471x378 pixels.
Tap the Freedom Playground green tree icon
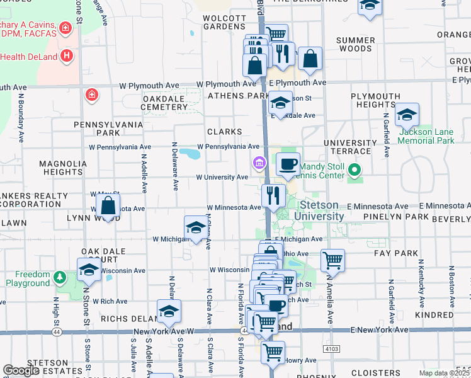coord(59,277)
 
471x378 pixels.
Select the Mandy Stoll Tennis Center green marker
coord(355,169)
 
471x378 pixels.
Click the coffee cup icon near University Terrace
coord(288,164)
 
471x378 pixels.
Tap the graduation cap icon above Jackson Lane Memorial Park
coord(407,115)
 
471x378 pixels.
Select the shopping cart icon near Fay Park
coord(332,259)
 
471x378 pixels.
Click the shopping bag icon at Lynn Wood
coord(108,206)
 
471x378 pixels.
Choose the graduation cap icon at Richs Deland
coord(169,311)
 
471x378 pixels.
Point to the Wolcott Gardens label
coord(224,22)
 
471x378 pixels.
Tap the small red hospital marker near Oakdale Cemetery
coord(91,95)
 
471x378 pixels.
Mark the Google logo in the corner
coord(21,370)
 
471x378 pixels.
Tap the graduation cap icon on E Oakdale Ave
coord(280,102)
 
